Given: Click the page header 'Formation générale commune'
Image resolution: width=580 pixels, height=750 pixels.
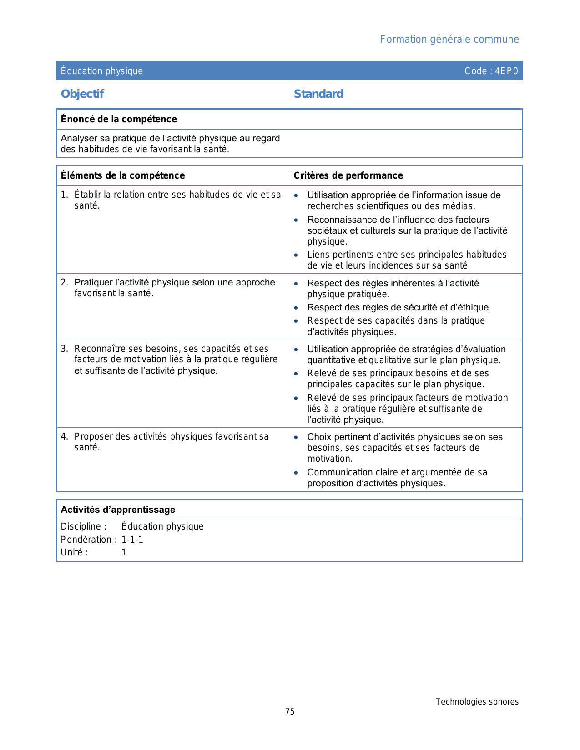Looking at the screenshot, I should [x=449, y=40].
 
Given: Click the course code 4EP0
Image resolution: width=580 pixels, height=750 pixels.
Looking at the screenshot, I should [x=506, y=71].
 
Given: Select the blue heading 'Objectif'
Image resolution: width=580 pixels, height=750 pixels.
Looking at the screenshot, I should [x=82, y=94].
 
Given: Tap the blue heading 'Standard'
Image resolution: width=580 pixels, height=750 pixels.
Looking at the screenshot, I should [x=318, y=94].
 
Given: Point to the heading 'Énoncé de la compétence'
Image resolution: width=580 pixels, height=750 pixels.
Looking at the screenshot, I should [x=119, y=119].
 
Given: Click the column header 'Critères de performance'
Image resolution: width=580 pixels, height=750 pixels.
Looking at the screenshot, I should [x=348, y=175].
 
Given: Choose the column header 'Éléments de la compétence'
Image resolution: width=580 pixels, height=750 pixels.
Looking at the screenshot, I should [x=123, y=175].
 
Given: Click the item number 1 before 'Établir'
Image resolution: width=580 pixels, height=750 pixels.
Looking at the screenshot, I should [x=64, y=195].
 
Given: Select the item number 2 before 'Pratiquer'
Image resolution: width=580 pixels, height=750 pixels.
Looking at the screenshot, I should [x=64, y=282].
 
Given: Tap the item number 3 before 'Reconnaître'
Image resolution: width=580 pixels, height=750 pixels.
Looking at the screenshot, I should [x=64, y=349].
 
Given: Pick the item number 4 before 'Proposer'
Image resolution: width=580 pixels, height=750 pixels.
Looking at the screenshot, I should [x=64, y=436].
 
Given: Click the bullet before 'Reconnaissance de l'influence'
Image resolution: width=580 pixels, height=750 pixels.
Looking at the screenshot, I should [x=296, y=220].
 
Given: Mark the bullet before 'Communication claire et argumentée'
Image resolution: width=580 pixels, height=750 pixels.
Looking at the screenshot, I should [x=296, y=473].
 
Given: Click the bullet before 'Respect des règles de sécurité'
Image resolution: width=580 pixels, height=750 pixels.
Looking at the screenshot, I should [x=296, y=308].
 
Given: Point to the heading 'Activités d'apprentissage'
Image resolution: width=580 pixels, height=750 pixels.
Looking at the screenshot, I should [x=118, y=510].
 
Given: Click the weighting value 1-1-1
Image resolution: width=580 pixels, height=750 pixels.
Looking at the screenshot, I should [x=132, y=540].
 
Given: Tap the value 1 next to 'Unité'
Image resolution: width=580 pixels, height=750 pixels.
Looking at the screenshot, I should [x=124, y=552].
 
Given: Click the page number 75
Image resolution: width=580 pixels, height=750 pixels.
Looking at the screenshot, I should [x=290, y=712].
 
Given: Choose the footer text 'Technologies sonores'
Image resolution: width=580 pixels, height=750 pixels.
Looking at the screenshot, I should [x=477, y=702].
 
